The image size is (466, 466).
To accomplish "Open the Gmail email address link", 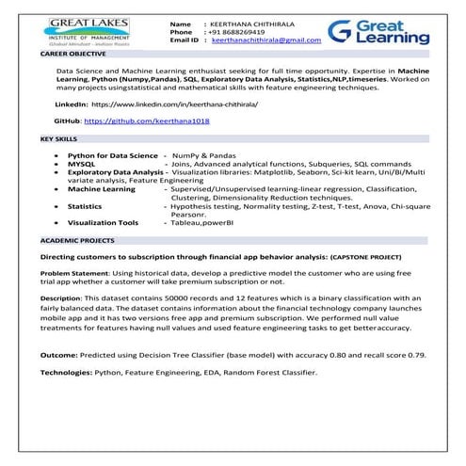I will click(x=266, y=41).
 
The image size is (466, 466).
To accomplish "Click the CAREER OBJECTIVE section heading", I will click(x=72, y=56).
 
